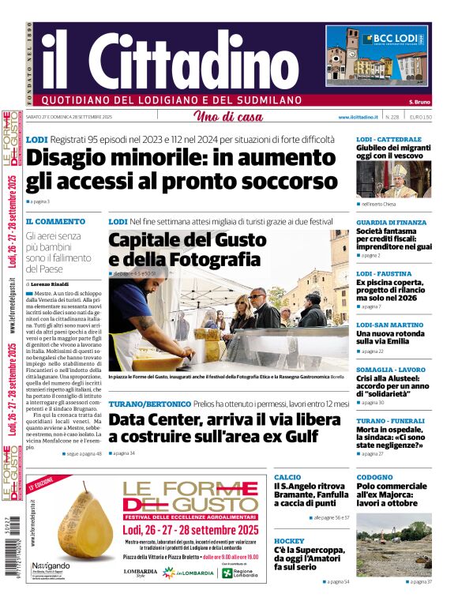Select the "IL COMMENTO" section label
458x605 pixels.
(55, 222)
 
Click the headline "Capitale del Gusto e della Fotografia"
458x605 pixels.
(184, 250)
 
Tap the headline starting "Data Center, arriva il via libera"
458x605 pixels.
(225, 428)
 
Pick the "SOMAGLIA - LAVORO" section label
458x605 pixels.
(390, 370)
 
